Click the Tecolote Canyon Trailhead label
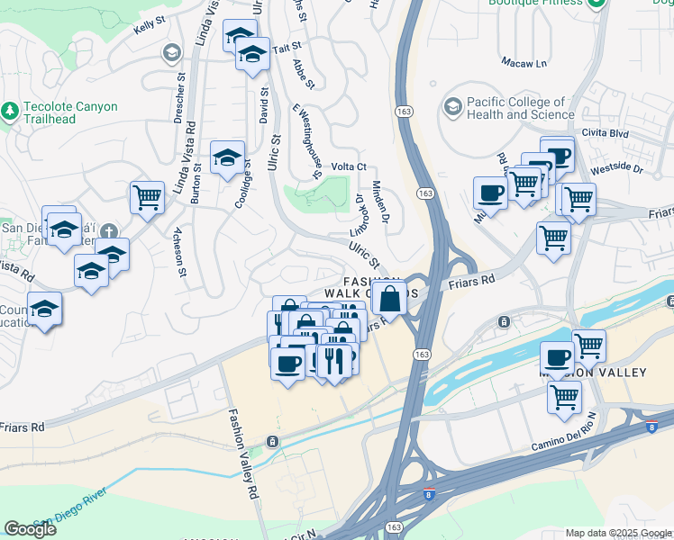click(70, 112)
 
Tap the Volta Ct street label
click(349, 166)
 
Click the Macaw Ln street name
click(524, 63)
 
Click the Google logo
click(30, 529)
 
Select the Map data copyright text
click(617, 533)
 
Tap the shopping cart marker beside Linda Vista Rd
click(147, 197)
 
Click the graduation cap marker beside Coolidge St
click(228, 157)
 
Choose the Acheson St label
click(181, 253)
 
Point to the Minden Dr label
click(378, 202)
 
